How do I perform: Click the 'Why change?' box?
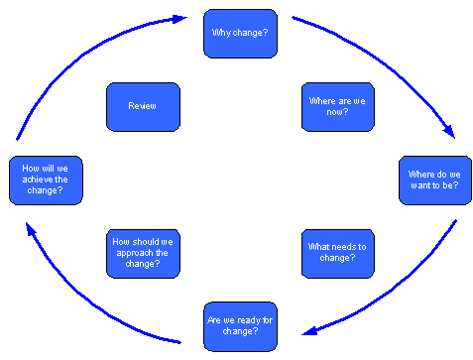pos(240,34)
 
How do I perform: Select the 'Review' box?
pos(143,106)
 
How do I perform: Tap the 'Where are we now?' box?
pos(337,106)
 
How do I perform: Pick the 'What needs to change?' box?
pos(337,253)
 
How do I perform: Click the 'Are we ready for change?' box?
pos(240,326)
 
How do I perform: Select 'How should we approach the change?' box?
pos(143,253)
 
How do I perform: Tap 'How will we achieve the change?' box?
pos(46,180)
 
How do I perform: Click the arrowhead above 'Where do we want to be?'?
pos(449,132)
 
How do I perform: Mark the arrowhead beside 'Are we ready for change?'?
pos(307,331)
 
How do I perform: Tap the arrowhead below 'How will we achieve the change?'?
pos(31,229)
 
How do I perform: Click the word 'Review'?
pos(142,106)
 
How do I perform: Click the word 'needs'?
pos(344,247)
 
